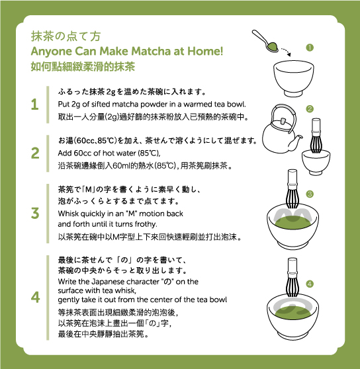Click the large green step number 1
click(35, 104)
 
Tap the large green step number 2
click(35, 153)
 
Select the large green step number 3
click(35, 213)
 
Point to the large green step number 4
click(35, 297)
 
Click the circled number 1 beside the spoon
click(310, 48)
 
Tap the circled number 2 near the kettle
click(310, 109)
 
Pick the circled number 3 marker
click(310, 194)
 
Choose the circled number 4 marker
click(310, 284)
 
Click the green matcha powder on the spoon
click(273, 46)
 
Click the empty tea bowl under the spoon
click(293, 79)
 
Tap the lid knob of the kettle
click(283, 121)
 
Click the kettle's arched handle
click(283, 106)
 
